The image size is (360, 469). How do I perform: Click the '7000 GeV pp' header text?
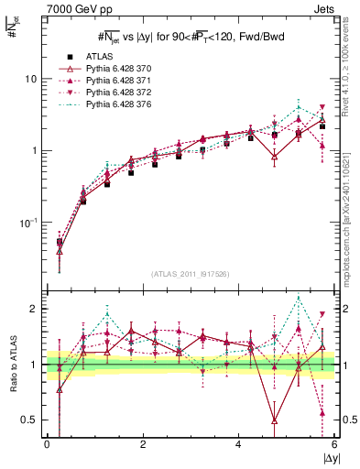(72, 8)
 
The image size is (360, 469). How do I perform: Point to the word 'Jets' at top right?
(326, 8)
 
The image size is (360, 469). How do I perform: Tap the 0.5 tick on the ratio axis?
(29, 420)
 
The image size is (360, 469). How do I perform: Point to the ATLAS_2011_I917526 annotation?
(189, 275)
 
